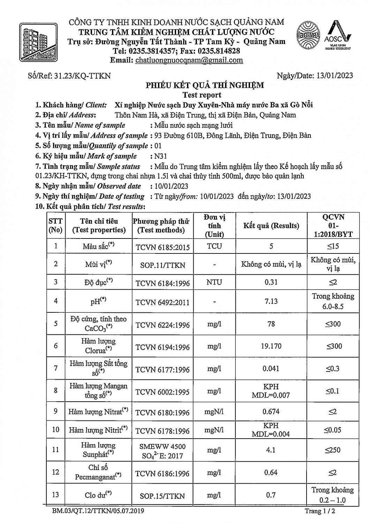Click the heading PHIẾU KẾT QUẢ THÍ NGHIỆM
point(204,85)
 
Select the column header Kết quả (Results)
point(271,226)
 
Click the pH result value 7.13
point(271,301)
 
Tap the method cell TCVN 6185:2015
point(163,248)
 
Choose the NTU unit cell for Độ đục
point(214,282)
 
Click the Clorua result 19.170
point(271,347)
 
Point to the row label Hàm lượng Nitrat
point(98,412)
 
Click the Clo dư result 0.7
point(271,495)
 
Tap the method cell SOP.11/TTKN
point(163,265)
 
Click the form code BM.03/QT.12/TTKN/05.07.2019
point(98,511)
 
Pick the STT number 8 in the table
point(56,391)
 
